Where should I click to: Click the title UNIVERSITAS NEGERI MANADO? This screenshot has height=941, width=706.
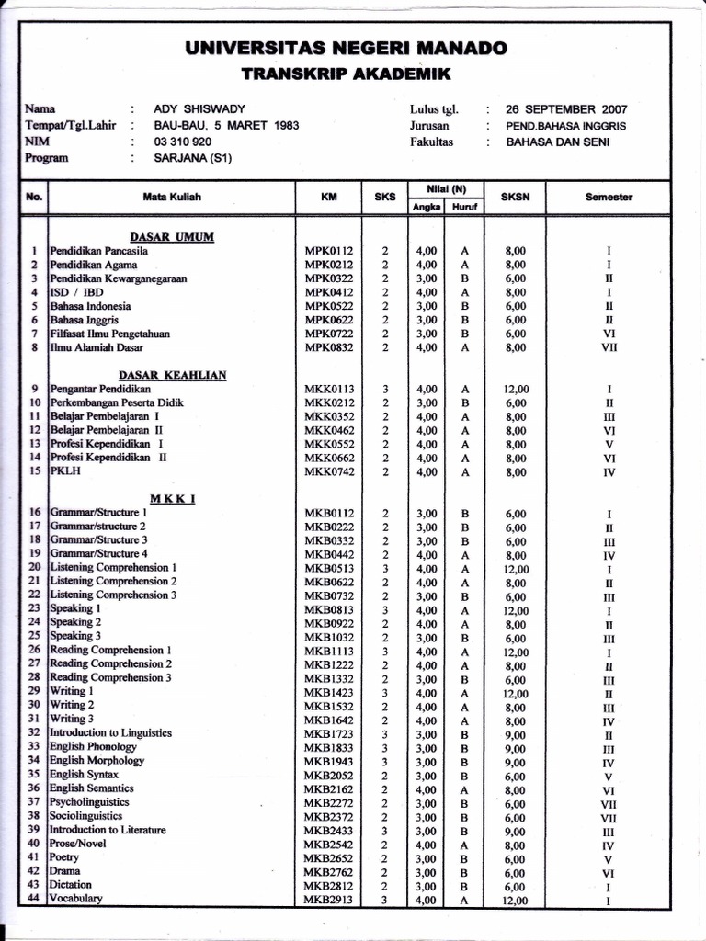[x=346, y=48]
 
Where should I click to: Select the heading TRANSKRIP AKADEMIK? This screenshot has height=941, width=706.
[x=346, y=74]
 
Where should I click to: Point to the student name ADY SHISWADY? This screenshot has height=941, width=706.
[x=199, y=109]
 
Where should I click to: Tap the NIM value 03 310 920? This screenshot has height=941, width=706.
[x=183, y=142]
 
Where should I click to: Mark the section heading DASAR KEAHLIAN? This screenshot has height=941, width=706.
[x=173, y=375]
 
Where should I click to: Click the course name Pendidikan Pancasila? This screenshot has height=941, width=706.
[x=99, y=250]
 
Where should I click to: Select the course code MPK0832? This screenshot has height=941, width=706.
[x=329, y=347]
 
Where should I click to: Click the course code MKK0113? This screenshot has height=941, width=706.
[x=329, y=389]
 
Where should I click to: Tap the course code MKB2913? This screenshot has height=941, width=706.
[x=329, y=900]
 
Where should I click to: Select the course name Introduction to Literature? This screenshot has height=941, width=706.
[x=108, y=830]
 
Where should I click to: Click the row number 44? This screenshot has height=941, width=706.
[x=34, y=899]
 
